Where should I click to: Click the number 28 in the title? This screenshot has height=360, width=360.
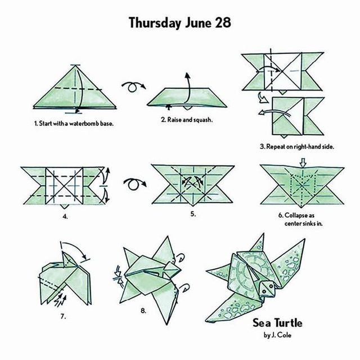point(223,22)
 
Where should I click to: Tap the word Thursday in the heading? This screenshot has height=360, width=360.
point(155,23)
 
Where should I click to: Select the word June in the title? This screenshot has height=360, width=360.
point(198,22)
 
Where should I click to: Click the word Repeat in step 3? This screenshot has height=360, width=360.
point(276,146)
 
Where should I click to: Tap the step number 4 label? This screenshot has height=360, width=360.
point(65,217)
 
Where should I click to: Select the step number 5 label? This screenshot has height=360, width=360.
point(193,214)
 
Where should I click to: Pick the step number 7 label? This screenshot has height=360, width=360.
point(64,316)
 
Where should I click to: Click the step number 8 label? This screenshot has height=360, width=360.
point(143,311)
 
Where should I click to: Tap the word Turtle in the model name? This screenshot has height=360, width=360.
point(289,323)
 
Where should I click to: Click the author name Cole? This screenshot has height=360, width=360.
point(285,335)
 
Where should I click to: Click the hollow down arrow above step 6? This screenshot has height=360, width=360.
point(303,163)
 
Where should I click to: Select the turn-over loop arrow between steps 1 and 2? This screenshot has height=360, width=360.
point(134,86)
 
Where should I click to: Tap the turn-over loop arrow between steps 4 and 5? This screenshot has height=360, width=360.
point(135,184)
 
